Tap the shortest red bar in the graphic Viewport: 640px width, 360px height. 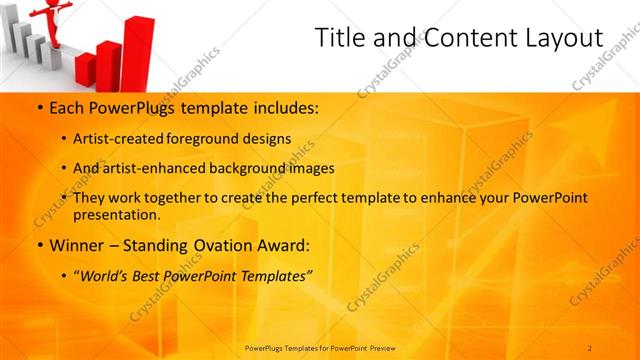[85, 69]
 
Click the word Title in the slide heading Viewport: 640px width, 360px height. [340, 38]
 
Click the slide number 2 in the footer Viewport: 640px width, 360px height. [590, 347]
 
